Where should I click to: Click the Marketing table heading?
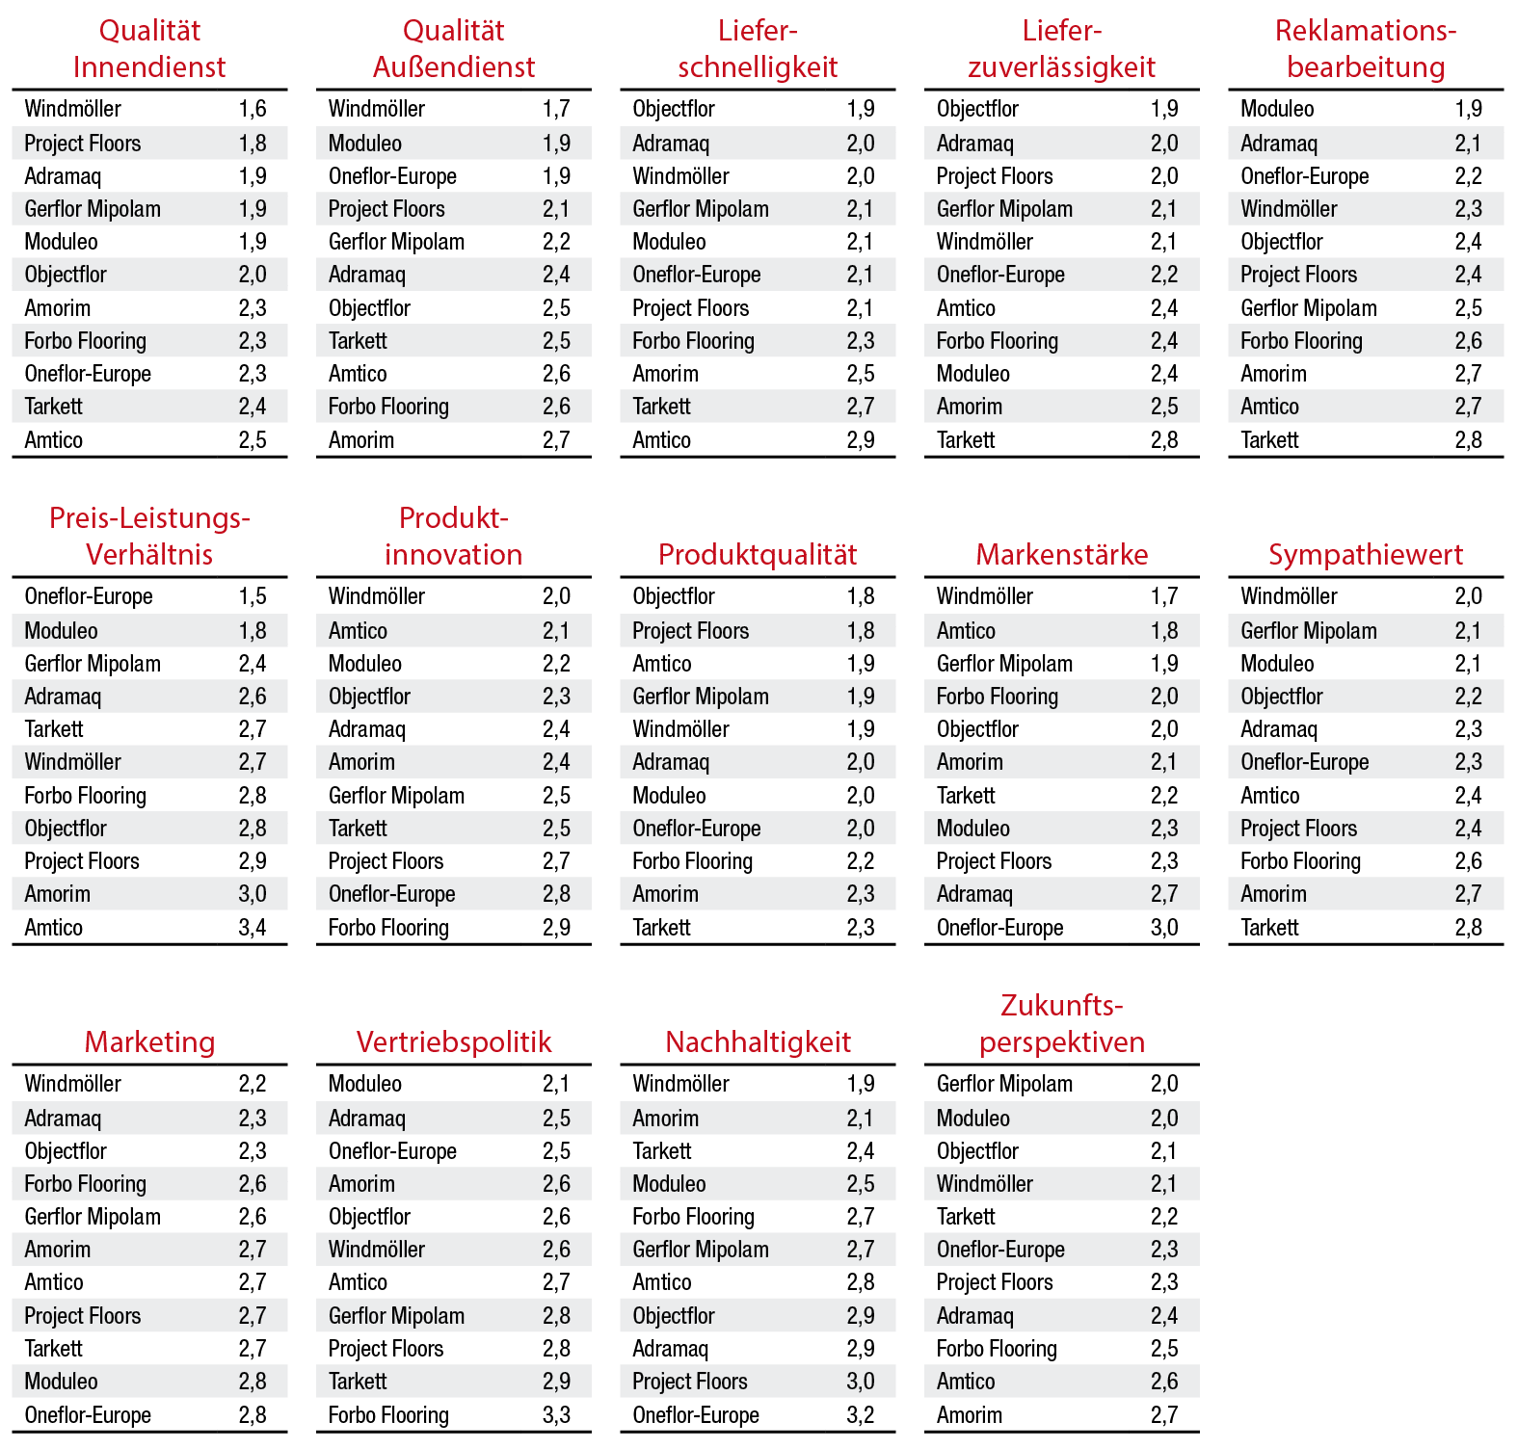(x=149, y=1041)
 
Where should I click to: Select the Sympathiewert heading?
(x=1365, y=554)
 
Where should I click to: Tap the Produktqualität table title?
(x=758, y=554)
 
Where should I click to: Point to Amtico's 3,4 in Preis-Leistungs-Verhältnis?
(x=253, y=927)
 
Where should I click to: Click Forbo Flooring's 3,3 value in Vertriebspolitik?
(x=556, y=1414)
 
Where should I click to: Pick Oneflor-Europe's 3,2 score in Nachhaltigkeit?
(x=861, y=1414)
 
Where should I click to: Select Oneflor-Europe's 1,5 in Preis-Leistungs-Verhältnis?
(x=253, y=596)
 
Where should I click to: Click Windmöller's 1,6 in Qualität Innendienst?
(x=253, y=109)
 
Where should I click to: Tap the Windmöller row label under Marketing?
(x=73, y=1084)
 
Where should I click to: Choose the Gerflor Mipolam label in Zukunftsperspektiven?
(x=1004, y=1084)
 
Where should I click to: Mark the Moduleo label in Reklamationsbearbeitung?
(x=1277, y=109)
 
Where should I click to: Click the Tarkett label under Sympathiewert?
(x=1269, y=927)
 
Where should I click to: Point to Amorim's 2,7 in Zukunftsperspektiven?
(x=1164, y=1414)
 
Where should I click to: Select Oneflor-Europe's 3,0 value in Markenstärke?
(x=1164, y=927)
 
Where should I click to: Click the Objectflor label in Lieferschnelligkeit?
(x=674, y=109)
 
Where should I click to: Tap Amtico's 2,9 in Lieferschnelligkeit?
(x=861, y=440)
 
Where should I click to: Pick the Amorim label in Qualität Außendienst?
(x=361, y=440)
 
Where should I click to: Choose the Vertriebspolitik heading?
(x=454, y=1041)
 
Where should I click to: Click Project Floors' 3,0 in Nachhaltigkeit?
(x=861, y=1382)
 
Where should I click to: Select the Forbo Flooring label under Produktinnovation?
(x=388, y=927)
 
